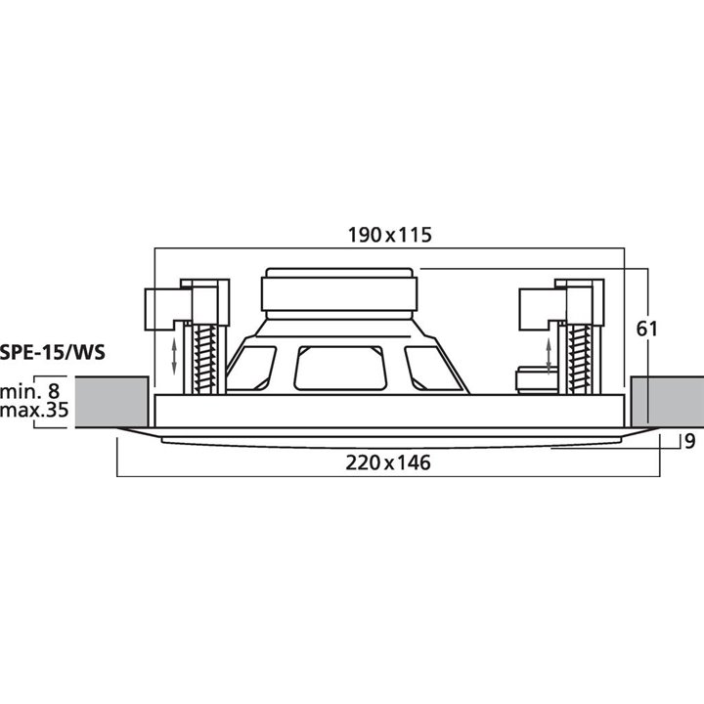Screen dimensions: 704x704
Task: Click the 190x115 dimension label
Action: (390, 235)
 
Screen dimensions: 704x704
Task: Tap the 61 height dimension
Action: (648, 329)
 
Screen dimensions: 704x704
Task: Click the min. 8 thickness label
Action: (34, 391)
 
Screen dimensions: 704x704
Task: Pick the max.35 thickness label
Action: (34, 411)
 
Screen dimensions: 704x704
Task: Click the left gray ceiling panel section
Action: (111, 401)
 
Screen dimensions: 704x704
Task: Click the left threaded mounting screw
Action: (204, 358)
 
